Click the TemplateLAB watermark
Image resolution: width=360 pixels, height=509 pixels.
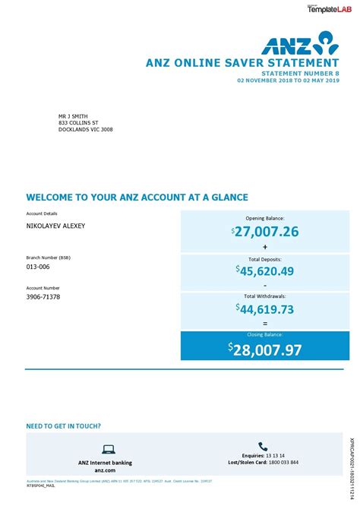click(x=327, y=8)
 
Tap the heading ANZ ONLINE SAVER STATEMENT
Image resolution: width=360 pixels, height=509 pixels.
click(x=242, y=62)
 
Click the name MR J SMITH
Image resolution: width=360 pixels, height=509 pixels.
click(x=73, y=116)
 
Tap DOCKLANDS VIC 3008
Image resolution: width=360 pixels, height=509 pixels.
click(x=86, y=130)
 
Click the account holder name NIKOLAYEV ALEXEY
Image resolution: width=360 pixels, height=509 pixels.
click(x=55, y=226)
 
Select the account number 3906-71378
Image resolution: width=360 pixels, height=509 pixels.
click(x=43, y=297)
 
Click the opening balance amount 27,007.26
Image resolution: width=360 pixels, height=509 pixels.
click(x=267, y=232)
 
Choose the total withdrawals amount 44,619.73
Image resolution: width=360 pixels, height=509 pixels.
click(x=267, y=308)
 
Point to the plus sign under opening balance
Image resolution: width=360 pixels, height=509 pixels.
click(x=265, y=247)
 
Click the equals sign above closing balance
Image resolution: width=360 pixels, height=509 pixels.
click(x=265, y=323)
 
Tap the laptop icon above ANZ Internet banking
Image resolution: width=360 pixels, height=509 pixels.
click(x=108, y=450)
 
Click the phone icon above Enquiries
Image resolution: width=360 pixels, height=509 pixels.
click(x=263, y=447)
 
